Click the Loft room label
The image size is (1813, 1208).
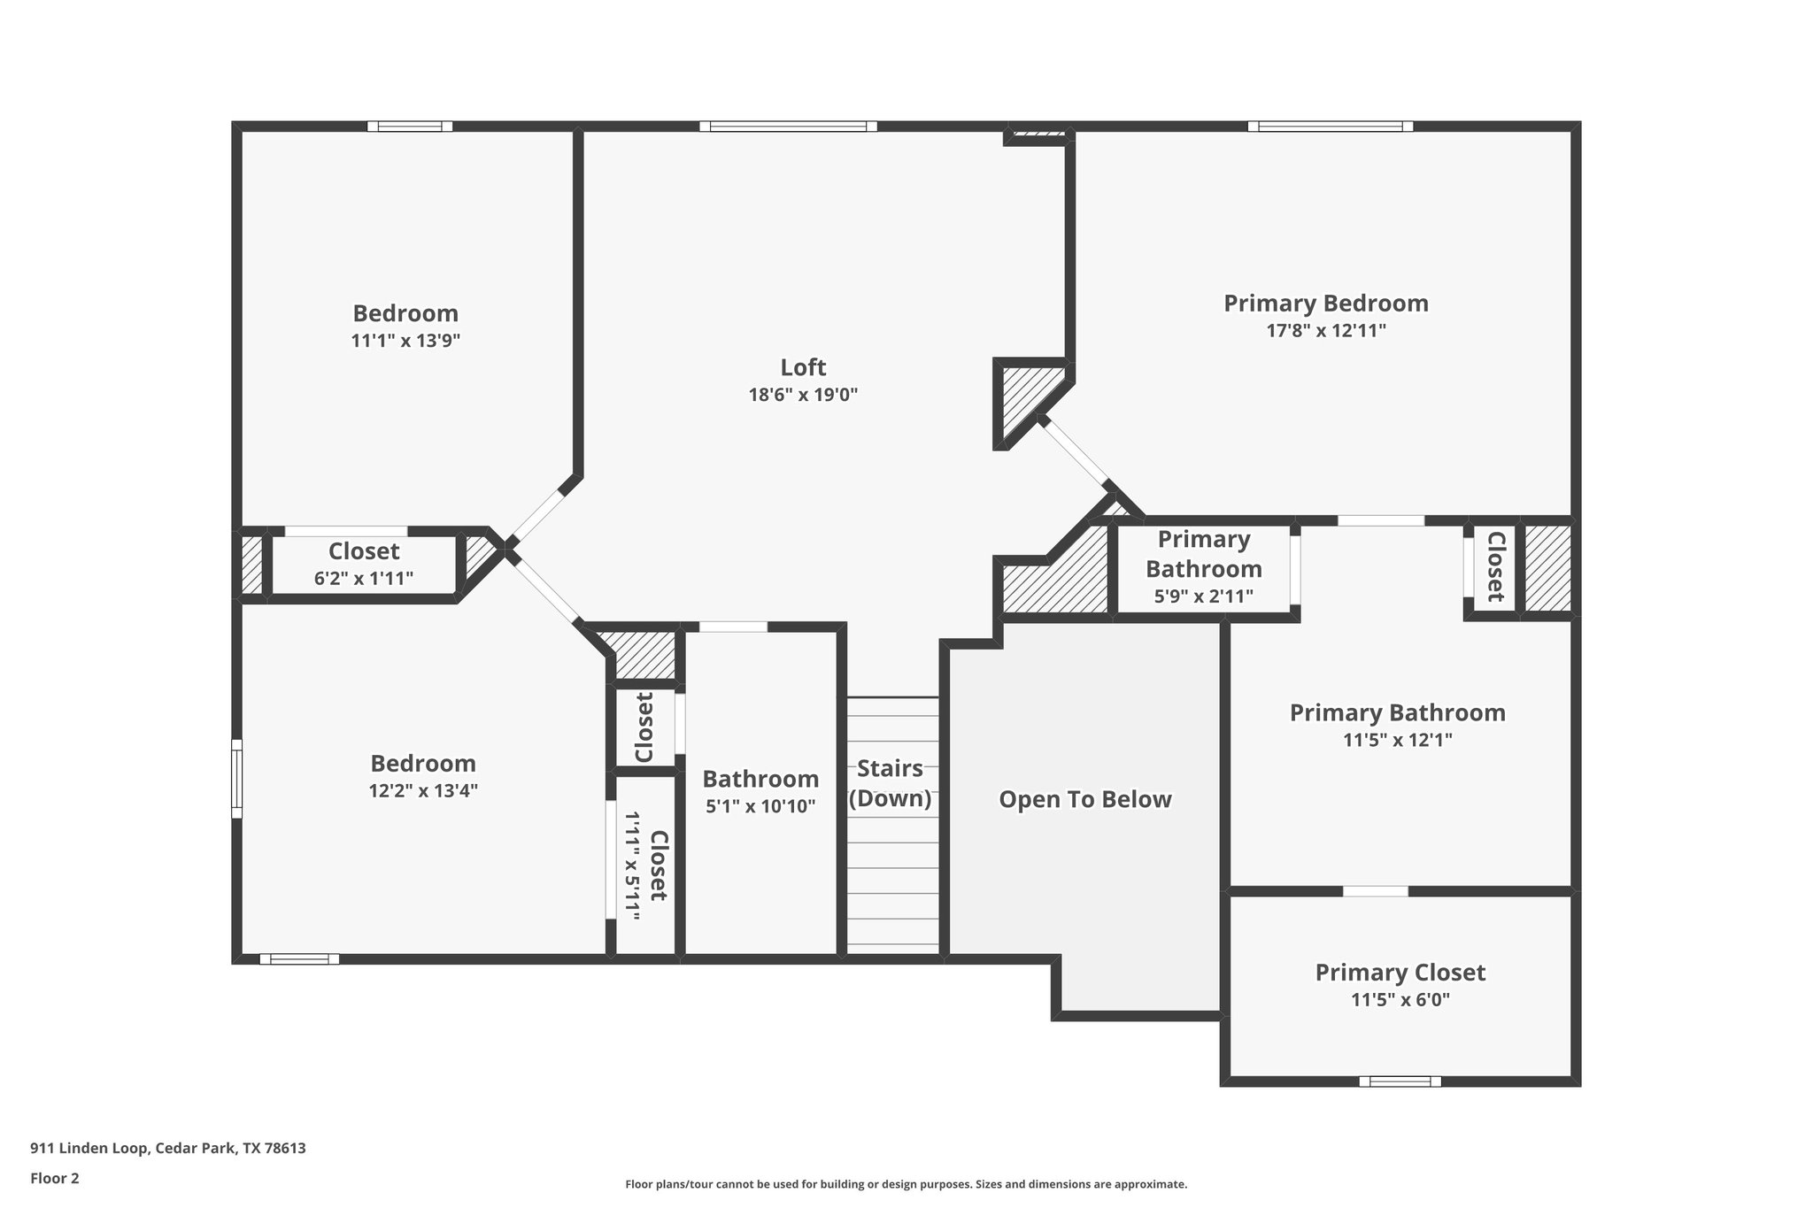(x=803, y=366)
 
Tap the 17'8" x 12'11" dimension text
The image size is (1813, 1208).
(x=1325, y=331)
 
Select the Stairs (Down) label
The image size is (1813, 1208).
(x=890, y=783)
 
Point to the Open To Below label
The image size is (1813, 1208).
(x=1085, y=799)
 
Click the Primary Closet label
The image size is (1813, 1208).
(x=1400, y=973)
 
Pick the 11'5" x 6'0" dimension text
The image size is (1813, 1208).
(x=1400, y=1000)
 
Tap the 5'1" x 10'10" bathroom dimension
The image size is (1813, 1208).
(x=760, y=806)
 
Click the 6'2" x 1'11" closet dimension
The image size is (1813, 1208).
(x=364, y=579)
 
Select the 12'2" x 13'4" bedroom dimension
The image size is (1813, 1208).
(x=423, y=790)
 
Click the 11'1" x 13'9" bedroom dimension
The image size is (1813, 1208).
(x=405, y=341)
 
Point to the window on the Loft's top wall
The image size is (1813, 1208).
(x=788, y=127)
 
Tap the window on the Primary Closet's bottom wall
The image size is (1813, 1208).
(x=1400, y=1081)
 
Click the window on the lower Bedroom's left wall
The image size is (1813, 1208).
(x=236, y=779)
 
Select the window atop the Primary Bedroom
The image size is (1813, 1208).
(x=1330, y=127)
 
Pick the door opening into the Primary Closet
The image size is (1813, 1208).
(x=1375, y=890)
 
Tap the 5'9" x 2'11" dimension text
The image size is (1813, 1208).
(x=1203, y=596)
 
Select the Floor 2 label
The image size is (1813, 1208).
(x=55, y=1178)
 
